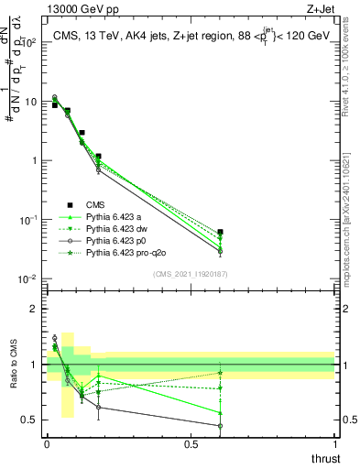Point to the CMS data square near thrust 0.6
point(220,232)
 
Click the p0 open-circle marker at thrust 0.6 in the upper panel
point(220,252)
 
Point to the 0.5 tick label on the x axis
point(191,444)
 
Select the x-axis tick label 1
point(334,444)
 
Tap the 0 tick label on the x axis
point(46,444)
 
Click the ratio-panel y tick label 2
point(32,309)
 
